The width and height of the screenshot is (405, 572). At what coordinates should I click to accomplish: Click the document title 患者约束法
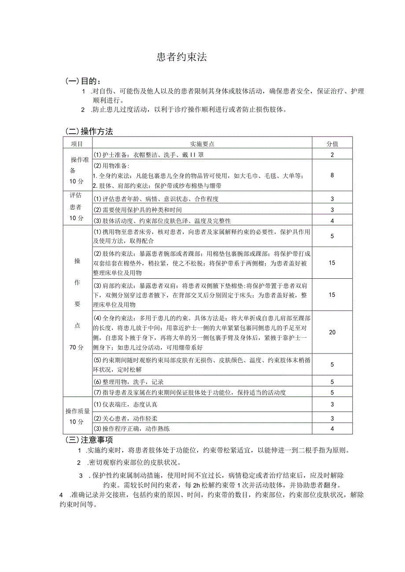pos(181,57)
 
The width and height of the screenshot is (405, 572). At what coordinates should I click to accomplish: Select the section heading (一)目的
pos(83,81)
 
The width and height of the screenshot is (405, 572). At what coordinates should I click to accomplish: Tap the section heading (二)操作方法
pos(89,131)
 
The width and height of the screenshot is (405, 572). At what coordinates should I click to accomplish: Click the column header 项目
pos(77,143)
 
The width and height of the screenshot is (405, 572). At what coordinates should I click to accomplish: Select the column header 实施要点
pos(202,143)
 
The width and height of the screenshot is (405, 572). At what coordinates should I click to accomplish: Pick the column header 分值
pos(332,143)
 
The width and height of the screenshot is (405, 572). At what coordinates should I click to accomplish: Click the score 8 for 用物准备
pos(332,175)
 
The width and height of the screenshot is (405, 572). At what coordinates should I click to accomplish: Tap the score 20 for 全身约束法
pos(332,332)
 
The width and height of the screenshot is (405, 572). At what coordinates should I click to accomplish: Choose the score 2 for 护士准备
pos(332,154)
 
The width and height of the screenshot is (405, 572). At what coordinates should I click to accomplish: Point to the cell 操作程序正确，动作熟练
pos(131,429)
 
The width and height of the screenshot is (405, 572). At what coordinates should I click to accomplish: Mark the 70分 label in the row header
pos(76,347)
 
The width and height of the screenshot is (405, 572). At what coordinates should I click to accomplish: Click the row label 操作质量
pos(77,411)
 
